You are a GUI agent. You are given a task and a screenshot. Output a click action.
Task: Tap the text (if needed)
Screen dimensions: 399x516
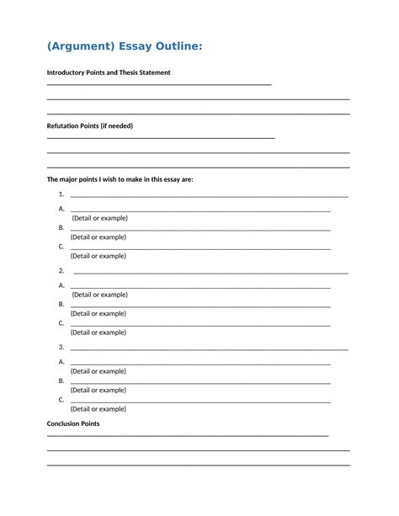[116, 126]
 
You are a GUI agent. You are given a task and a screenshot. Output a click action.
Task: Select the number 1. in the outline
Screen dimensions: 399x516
[61, 194]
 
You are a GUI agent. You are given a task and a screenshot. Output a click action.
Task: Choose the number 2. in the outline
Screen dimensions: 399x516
[61, 271]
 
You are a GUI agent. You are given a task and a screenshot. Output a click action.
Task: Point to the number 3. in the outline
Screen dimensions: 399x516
[61, 347]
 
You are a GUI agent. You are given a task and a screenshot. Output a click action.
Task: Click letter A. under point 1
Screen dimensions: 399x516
[61, 209]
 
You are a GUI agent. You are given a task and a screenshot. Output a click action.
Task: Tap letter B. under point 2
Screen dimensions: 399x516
[61, 304]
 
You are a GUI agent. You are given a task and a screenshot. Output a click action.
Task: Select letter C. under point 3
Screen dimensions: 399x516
[61, 399]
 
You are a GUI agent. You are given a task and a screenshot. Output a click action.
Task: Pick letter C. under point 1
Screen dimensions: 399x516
[61, 247]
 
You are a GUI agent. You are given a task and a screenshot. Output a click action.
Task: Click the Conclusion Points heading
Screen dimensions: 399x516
[72, 423]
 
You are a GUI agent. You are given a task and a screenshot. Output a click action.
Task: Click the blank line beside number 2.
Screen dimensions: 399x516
[210, 273]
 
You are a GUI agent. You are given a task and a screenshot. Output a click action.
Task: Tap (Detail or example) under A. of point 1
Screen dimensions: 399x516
[99, 218]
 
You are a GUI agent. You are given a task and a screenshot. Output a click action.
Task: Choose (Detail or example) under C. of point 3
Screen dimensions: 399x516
[98, 409]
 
